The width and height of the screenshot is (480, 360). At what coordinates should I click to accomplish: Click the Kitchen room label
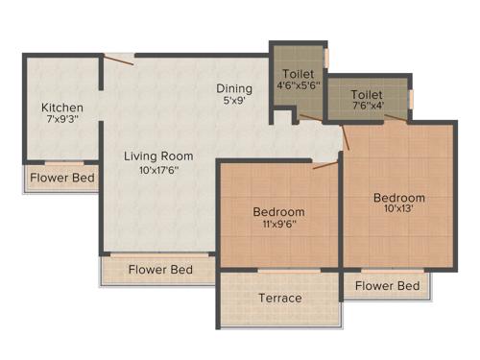pyautogui.click(x=62, y=108)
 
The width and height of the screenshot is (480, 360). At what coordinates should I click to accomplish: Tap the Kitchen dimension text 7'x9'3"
pyautogui.click(x=62, y=122)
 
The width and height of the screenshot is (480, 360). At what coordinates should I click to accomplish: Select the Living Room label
pyautogui.click(x=158, y=156)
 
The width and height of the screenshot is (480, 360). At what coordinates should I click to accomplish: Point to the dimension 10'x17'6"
pyautogui.click(x=158, y=171)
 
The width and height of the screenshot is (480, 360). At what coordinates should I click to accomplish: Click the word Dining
pyautogui.click(x=233, y=88)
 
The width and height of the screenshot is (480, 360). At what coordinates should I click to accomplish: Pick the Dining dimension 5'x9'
pyautogui.click(x=233, y=100)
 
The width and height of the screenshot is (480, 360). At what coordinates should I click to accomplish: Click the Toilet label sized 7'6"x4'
pyautogui.click(x=367, y=95)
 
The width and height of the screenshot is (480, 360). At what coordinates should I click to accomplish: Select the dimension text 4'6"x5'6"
pyautogui.click(x=297, y=86)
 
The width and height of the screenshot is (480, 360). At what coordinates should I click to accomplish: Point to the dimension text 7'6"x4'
pyautogui.click(x=367, y=108)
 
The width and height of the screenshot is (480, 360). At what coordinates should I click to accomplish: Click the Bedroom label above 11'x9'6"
pyautogui.click(x=279, y=212)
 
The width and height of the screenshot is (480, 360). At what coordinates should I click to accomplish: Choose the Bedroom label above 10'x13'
pyautogui.click(x=399, y=199)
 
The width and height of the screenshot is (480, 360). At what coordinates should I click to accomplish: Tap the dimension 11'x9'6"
pyautogui.click(x=279, y=226)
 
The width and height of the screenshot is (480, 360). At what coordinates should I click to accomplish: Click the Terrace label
pyautogui.click(x=279, y=298)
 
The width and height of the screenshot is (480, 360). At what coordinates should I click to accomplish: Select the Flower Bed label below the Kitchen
pyautogui.click(x=62, y=178)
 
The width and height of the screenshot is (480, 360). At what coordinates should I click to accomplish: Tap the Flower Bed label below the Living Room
pyautogui.click(x=160, y=270)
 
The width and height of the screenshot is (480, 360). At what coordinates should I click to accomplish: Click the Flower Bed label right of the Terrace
pyautogui.click(x=388, y=286)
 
